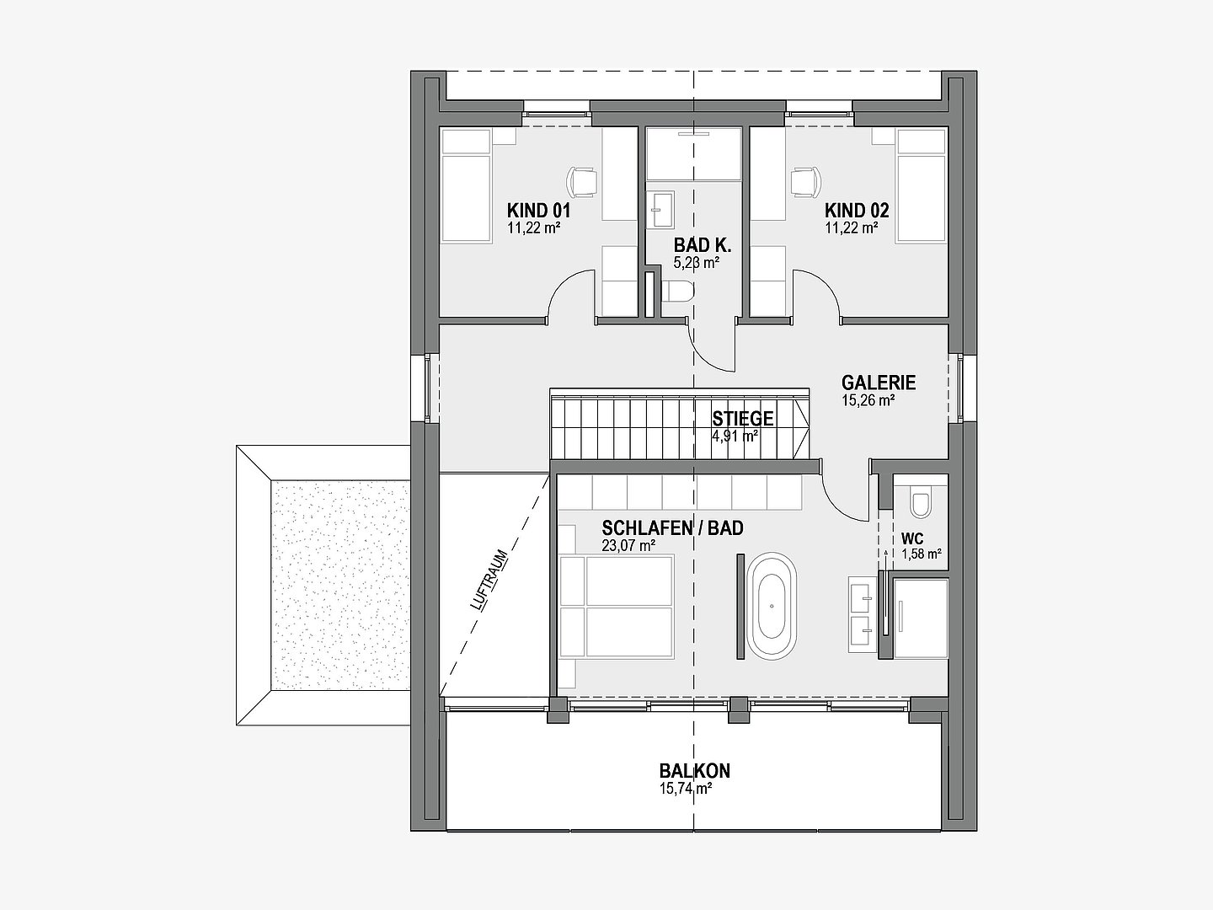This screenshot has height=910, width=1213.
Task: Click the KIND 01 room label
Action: click(539, 211)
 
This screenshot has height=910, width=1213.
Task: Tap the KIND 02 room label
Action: click(858, 211)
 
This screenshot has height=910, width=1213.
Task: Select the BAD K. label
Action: click(703, 244)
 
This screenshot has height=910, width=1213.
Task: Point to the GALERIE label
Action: click(879, 383)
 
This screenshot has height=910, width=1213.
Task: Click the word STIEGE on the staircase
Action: click(743, 418)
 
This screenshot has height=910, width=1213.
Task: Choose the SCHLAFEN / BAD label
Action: click(672, 528)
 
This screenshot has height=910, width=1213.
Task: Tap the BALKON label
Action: click(695, 771)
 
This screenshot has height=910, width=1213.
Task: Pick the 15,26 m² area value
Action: click(868, 400)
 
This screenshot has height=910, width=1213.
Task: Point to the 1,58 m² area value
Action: click(922, 554)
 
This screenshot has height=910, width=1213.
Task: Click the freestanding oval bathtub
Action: click(772, 606)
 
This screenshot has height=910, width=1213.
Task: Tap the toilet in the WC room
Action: click(921, 501)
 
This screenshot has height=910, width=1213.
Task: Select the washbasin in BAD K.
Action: click(660, 210)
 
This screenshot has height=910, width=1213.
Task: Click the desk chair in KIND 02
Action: click(806, 182)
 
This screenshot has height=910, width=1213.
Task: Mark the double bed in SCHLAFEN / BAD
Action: click(617, 607)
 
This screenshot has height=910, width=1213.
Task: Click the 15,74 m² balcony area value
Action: click(685, 789)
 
